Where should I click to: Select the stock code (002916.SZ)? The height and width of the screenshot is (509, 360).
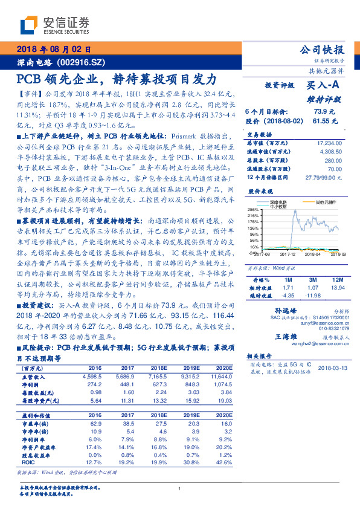(x=82, y=63)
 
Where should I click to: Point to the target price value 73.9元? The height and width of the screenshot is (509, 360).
(x=324, y=111)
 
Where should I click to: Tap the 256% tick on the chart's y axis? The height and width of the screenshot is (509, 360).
(x=252, y=208)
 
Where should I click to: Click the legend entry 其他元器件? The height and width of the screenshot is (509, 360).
(x=320, y=202)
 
